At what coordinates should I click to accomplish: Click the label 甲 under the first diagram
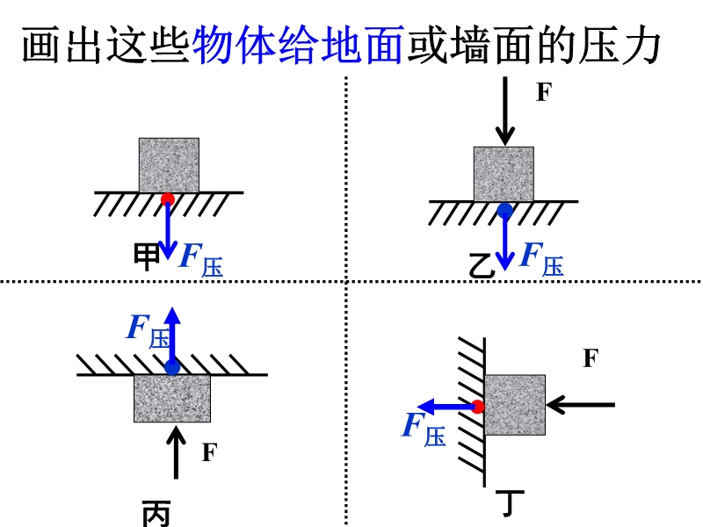[x=147, y=256]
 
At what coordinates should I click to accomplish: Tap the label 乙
[x=482, y=266]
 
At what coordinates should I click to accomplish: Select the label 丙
[x=156, y=514]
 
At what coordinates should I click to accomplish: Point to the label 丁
[x=510, y=502]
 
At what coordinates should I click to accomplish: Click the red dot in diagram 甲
[x=168, y=199]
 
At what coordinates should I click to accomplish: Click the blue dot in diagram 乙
[x=504, y=210]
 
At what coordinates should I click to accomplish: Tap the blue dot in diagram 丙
[x=172, y=367]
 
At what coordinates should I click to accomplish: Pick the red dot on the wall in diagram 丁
[x=478, y=407]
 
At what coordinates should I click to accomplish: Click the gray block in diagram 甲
[x=169, y=165]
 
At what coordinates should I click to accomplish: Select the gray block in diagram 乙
[x=504, y=174]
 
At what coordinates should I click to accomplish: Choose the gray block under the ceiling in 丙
[x=172, y=399]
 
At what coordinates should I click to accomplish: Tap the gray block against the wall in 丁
[x=515, y=405]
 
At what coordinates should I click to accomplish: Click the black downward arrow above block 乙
[x=505, y=112]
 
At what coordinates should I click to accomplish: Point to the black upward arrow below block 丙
[x=177, y=451]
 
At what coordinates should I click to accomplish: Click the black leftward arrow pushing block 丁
[x=581, y=405]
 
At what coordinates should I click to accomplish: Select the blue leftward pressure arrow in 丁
[x=446, y=407]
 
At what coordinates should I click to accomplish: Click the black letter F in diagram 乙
[x=543, y=92]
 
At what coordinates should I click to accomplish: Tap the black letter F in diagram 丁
[x=591, y=358]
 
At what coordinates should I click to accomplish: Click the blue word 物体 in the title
[x=235, y=46]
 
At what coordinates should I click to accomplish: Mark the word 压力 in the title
[x=620, y=46]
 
